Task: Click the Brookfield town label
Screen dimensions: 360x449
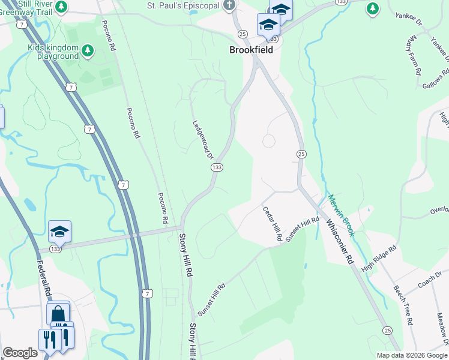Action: pos(251,50)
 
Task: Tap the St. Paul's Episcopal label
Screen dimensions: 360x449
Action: pos(184,5)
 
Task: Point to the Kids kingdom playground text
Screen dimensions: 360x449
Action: pos(53,52)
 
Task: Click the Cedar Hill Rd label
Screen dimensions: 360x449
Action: pos(273,224)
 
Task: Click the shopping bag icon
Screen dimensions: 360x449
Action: pos(58,314)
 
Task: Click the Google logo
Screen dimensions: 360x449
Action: pos(20,353)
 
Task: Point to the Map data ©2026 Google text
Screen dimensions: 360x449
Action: pos(412,355)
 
